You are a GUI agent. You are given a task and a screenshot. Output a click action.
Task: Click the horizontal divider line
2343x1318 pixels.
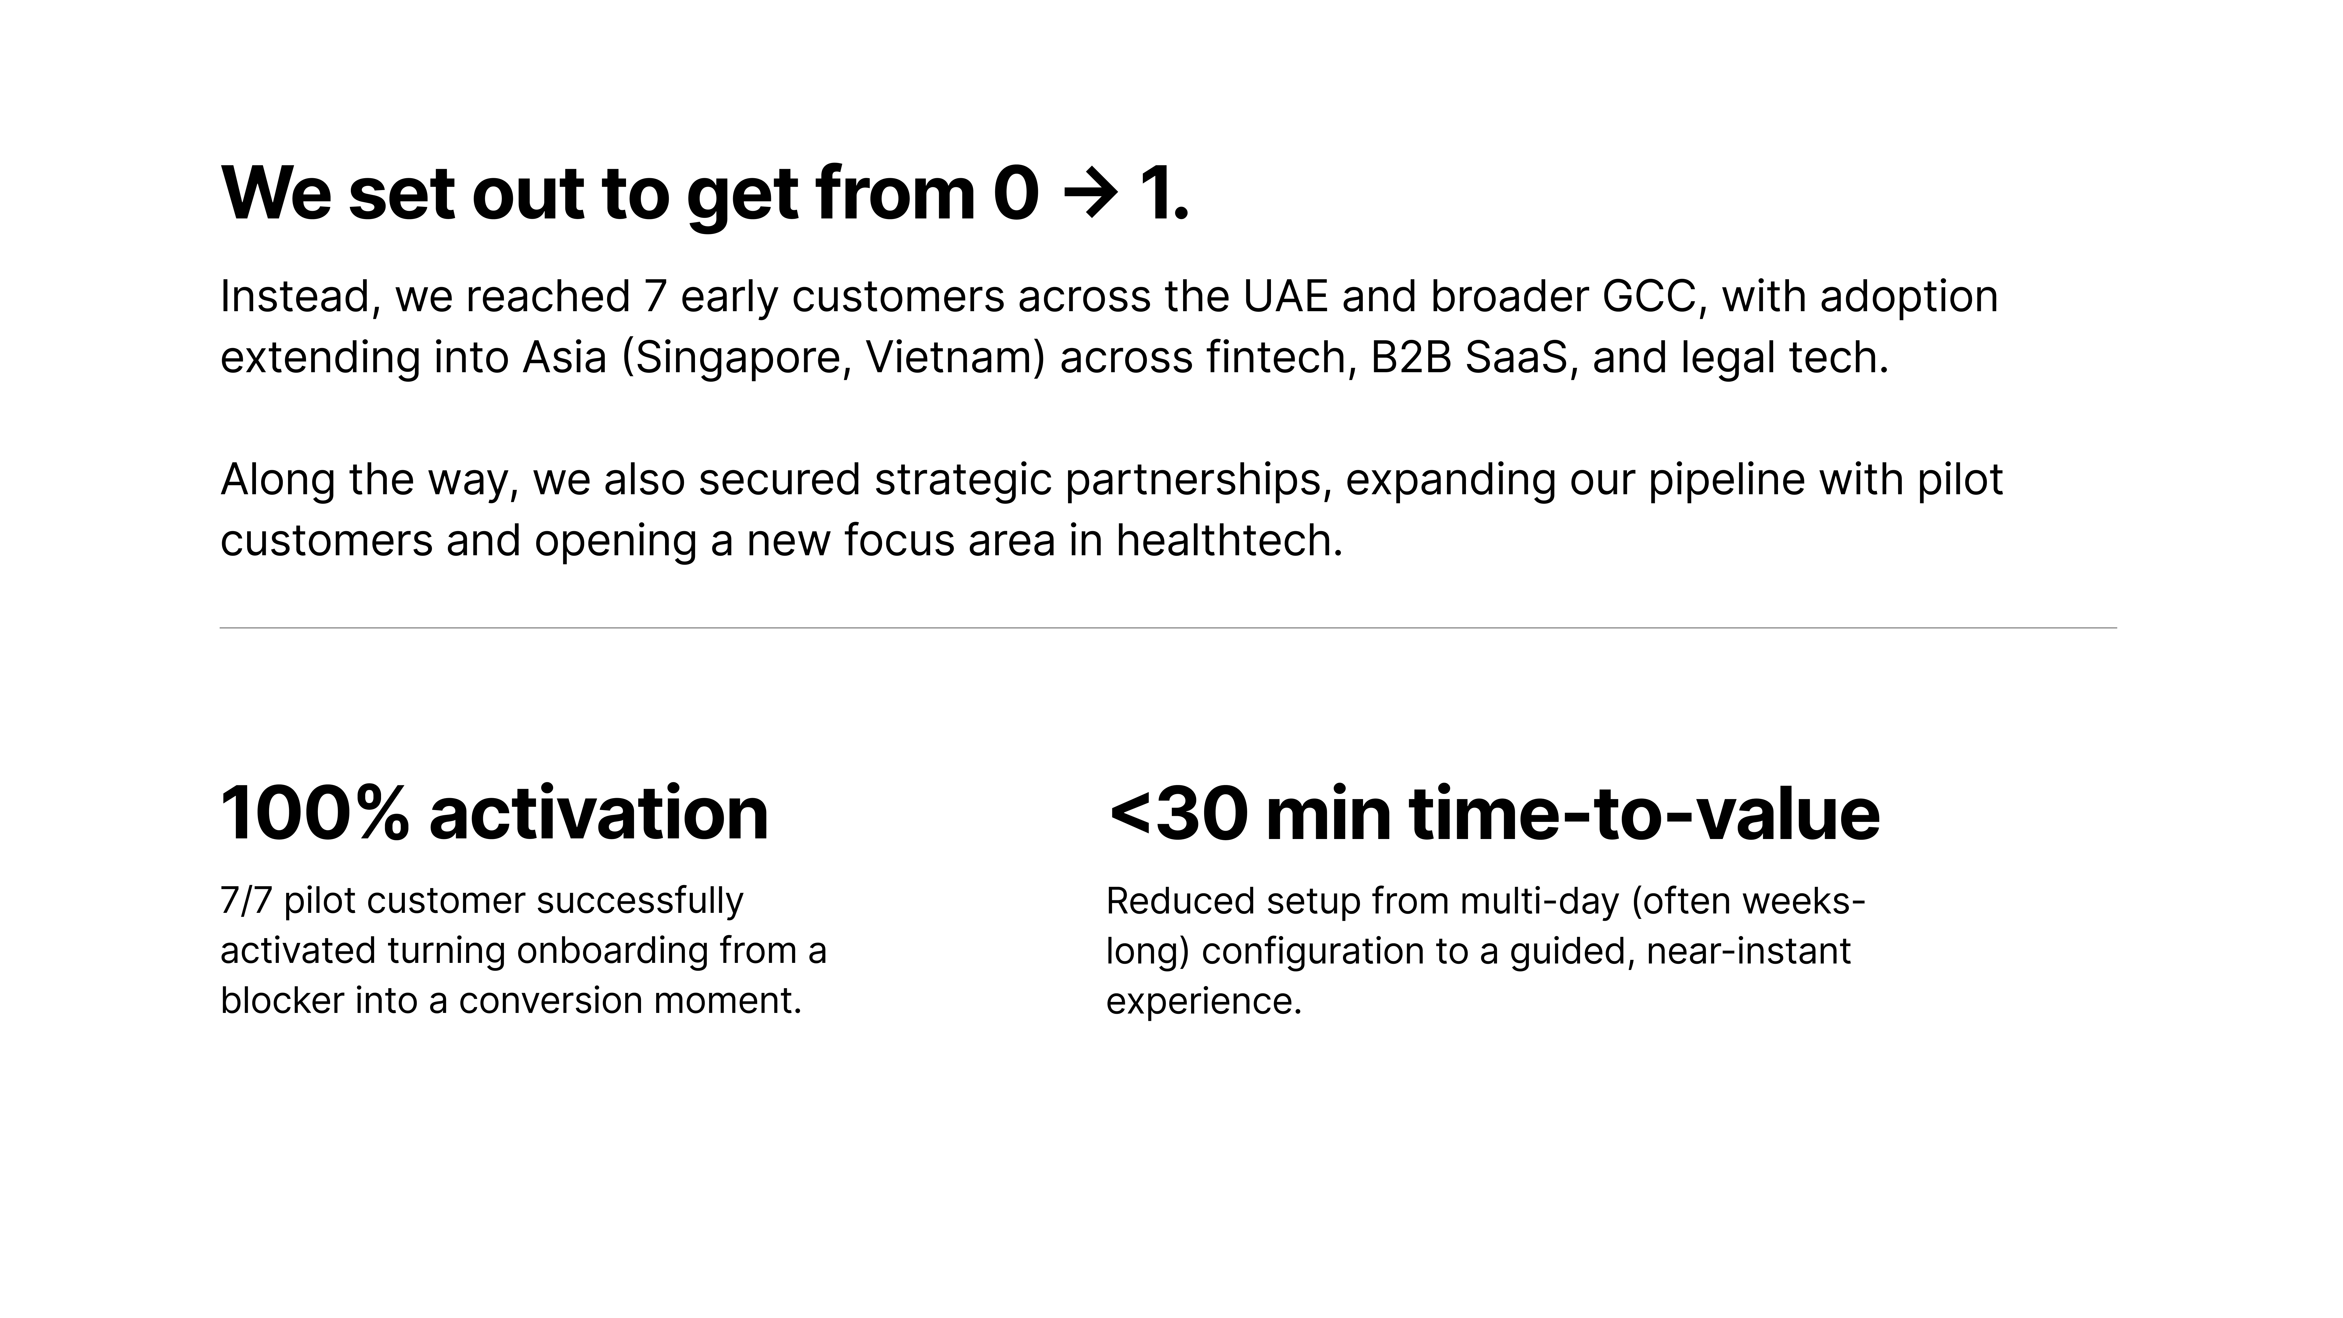point(1168,628)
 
